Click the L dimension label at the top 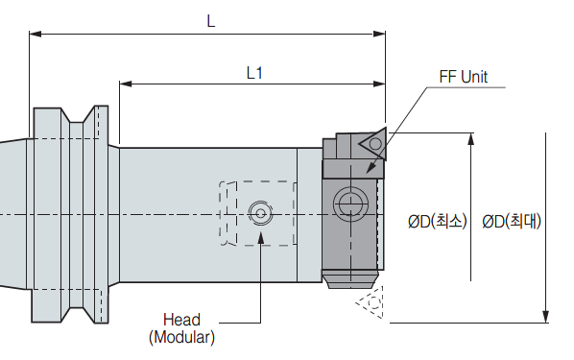pyautogui.click(x=211, y=21)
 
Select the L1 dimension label pyautogui.click(x=254, y=73)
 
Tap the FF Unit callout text pyautogui.click(x=463, y=77)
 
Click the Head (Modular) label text pyautogui.click(x=181, y=328)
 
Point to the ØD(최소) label pyautogui.click(x=438, y=221)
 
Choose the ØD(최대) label pyautogui.click(x=512, y=221)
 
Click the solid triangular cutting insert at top pyautogui.click(x=373, y=143)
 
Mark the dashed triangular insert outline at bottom pyautogui.click(x=371, y=302)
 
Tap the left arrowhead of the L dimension pyautogui.click(x=36, y=34)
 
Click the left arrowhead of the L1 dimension pyautogui.click(x=126, y=84)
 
